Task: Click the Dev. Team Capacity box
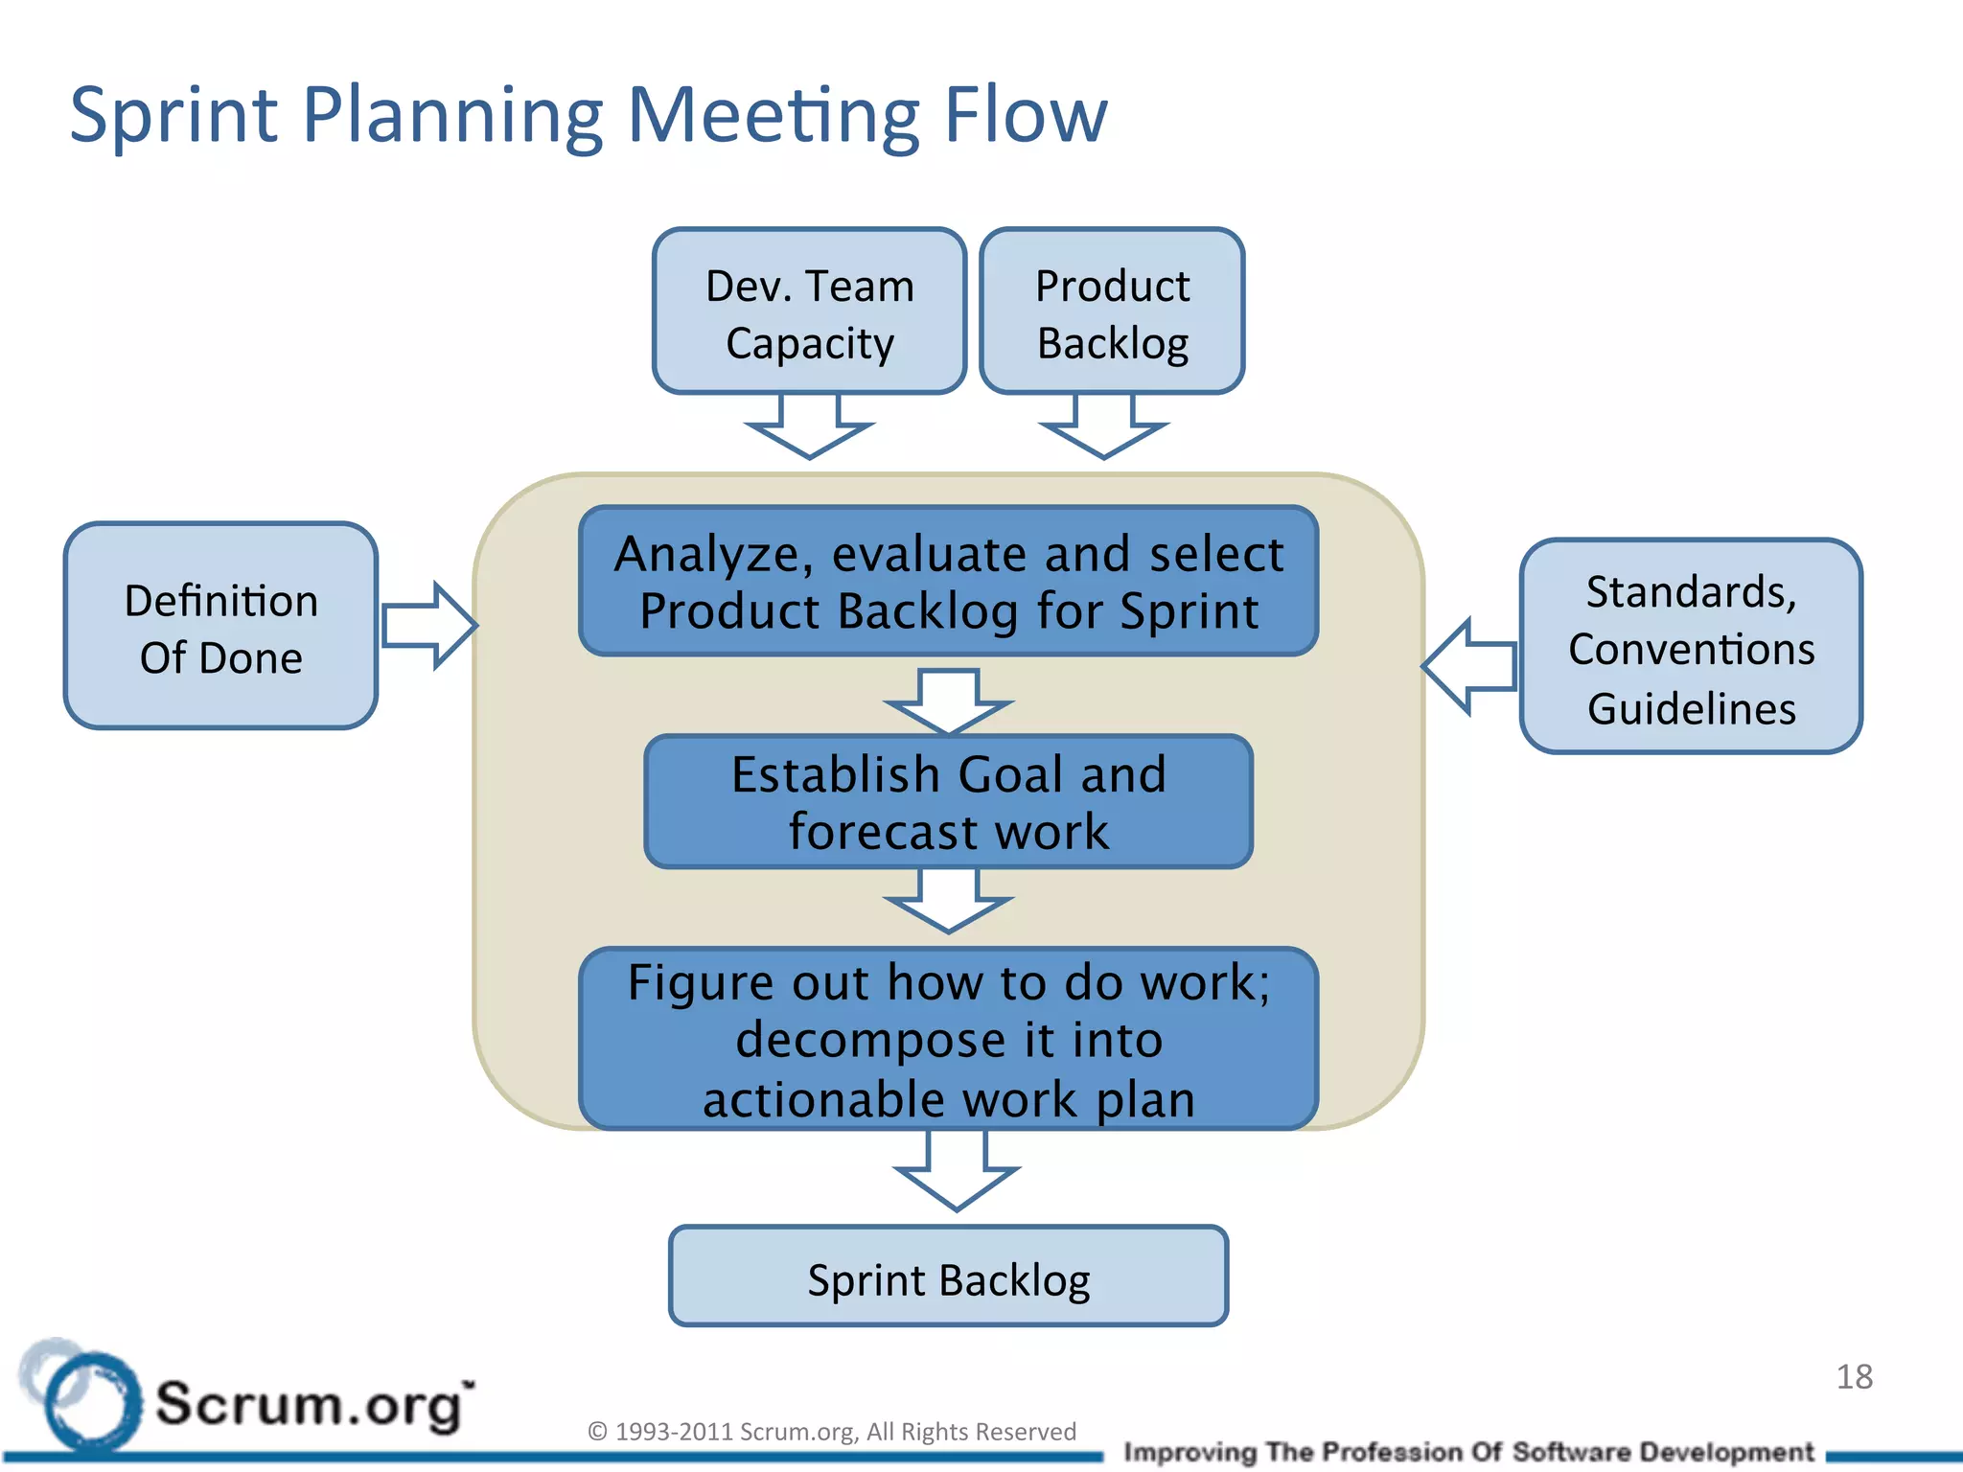tap(809, 311)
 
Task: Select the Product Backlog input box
tap(1112, 311)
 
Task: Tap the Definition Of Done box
tap(220, 626)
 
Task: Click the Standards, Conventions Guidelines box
tap(1691, 647)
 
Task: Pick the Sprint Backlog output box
tap(948, 1276)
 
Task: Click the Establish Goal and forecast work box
tap(948, 802)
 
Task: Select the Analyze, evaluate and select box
tap(948, 582)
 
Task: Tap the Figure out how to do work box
tap(948, 1039)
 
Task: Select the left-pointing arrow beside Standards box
tap(1469, 665)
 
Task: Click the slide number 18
tap(1854, 1377)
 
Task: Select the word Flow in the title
tap(1025, 115)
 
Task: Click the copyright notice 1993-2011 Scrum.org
tap(832, 1431)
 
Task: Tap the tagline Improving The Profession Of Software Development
tap(1468, 1452)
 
